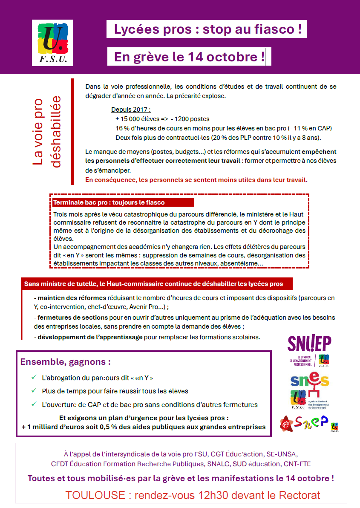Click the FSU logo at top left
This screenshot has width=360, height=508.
[x=52, y=43]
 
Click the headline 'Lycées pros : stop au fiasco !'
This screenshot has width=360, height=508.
[x=207, y=29]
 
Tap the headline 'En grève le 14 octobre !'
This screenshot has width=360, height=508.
[x=189, y=57]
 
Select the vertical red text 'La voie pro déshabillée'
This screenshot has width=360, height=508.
[x=47, y=132]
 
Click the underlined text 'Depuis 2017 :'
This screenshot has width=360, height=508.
[x=131, y=110]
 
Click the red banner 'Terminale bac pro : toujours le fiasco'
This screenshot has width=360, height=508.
[x=109, y=202]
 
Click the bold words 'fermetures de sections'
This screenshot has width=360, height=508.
[x=72, y=317]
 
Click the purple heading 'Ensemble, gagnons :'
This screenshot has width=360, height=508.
[x=66, y=362]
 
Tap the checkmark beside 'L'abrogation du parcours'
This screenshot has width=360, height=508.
[x=34, y=378]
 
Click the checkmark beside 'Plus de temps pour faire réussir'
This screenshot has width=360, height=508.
[x=34, y=391]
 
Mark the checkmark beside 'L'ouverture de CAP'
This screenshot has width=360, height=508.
[x=34, y=404]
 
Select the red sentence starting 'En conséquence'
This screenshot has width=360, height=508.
[x=196, y=180]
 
